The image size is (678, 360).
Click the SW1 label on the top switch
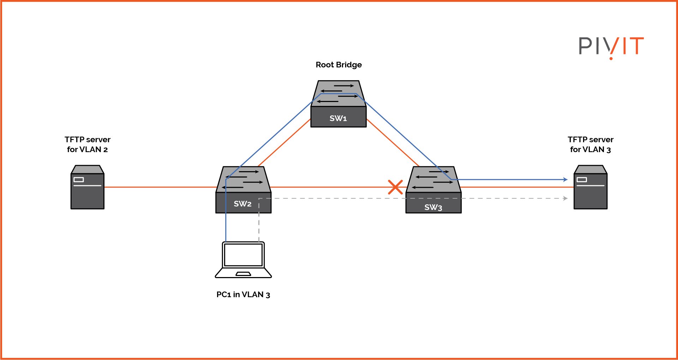(338, 118)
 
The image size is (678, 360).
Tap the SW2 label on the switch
(242, 204)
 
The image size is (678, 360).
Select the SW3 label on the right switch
(433, 207)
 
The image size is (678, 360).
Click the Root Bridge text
(338, 65)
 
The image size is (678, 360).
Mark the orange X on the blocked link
(395, 187)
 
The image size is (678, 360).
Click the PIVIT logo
(611, 47)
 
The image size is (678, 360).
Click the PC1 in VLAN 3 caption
(243, 294)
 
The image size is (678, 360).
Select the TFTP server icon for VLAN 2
(87, 187)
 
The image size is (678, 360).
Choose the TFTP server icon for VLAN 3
(590, 187)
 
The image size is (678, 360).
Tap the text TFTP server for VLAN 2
(87, 144)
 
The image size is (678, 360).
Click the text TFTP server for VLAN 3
(590, 144)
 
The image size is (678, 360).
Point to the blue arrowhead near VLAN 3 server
(565, 180)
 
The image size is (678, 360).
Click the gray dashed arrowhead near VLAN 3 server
(565, 198)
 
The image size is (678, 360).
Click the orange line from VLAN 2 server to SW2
(159, 187)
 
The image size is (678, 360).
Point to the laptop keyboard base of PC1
(243, 273)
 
